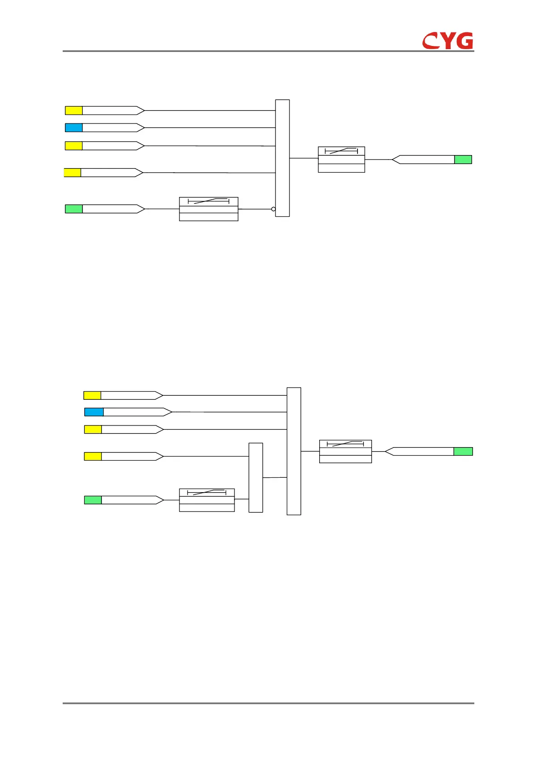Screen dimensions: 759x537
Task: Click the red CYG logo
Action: tap(448, 41)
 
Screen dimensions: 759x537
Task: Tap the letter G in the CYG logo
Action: tap(463, 41)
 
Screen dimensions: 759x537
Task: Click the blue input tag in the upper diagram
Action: tap(74, 128)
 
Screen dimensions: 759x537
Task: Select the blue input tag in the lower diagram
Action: tap(94, 412)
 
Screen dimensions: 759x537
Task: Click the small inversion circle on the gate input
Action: tap(273, 209)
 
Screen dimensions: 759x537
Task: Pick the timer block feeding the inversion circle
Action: tap(208, 209)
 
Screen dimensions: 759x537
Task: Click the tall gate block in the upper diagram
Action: tap(282, 158)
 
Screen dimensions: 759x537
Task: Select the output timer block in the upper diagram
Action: tap(341, 160)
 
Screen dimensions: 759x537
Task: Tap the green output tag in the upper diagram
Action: tap(463, 160)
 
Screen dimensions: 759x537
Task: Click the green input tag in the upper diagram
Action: tap(74, 209)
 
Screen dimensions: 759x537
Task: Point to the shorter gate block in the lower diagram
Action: tap(256, 478)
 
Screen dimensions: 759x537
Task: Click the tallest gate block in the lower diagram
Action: tap(294, 451)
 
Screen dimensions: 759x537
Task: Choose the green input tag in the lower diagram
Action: tap(93, 500)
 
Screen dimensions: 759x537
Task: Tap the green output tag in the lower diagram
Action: tap(463, 452)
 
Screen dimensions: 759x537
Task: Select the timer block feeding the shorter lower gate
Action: tap(207, 500)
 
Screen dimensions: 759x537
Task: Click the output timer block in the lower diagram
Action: tap(345, 452)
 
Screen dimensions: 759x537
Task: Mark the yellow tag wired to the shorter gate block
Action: tap(93, 457)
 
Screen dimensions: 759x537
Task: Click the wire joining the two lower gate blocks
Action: tap(275, 478)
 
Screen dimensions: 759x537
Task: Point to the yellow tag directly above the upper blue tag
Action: tap(74, 110)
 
